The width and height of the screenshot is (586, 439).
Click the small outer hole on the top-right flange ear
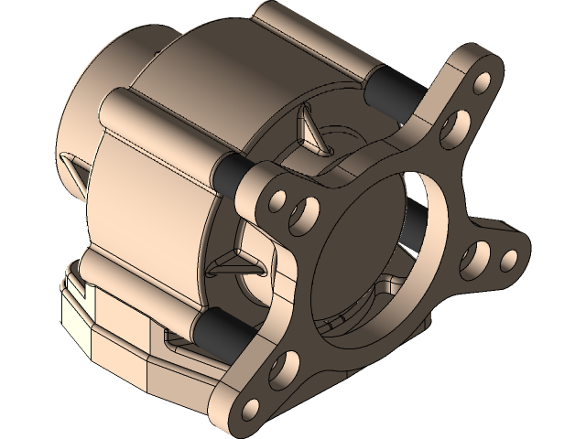pos(482,84)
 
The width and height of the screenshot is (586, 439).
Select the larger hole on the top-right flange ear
pos(451,128)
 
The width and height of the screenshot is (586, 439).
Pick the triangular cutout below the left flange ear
pos(241,266)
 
